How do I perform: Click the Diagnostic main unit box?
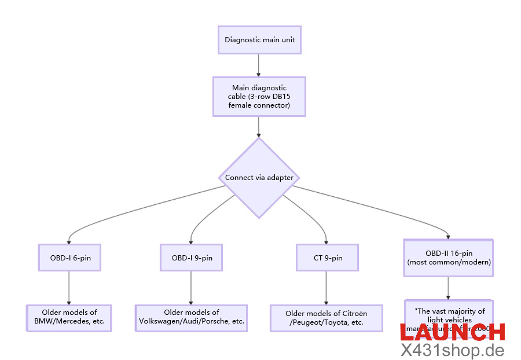259,41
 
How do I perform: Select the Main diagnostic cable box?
259,97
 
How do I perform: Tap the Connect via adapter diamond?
259,178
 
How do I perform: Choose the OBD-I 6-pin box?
69,258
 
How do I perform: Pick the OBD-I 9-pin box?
191,258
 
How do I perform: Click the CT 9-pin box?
327,258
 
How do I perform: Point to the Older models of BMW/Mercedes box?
69,317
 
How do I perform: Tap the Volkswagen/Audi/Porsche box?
191,317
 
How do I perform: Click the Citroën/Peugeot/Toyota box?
326,318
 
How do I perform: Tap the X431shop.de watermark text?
452,350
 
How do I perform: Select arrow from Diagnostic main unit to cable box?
259,65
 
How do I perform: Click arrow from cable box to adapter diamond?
259,126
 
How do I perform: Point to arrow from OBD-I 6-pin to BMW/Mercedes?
69,287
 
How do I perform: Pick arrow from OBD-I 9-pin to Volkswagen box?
191,287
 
